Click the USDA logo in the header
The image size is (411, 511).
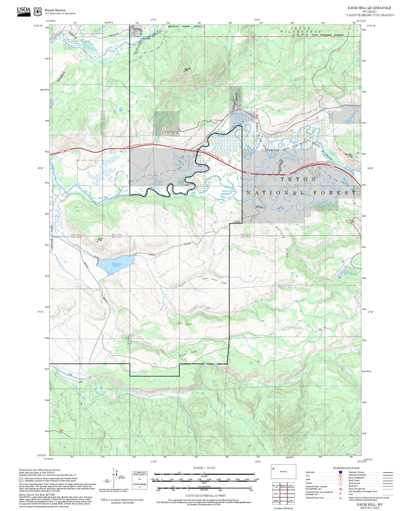coord(24,11)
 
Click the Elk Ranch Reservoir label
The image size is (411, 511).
coord(117,265)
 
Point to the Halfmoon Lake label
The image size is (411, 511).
coord(229,191)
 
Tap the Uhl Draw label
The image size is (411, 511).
coord(184,324)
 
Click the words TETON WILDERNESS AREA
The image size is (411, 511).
coord(301,31)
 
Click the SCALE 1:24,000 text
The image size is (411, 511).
coord(204,468)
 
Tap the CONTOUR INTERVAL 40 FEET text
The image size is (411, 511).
coord(205,496)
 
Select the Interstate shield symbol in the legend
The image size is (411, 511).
coord(340,472)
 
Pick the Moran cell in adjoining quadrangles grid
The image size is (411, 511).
coord(276,494)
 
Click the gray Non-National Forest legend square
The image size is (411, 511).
coord(21,480)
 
